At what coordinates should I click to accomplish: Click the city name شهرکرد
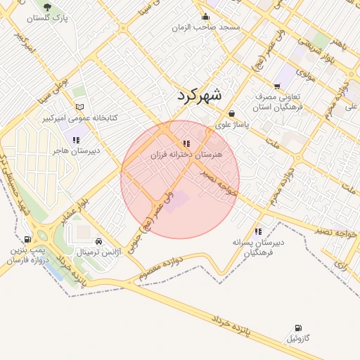198,94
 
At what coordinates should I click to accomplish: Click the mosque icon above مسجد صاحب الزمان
206,16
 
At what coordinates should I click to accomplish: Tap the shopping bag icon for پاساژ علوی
231,113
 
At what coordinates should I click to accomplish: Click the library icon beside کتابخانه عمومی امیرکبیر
79,107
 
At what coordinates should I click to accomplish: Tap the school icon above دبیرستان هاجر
77,140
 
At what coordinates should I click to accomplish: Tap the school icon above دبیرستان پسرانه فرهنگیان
258,231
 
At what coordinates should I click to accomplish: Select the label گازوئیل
297,339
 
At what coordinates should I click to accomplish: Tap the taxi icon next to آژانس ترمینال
98,241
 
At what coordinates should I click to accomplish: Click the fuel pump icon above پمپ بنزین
27,240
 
